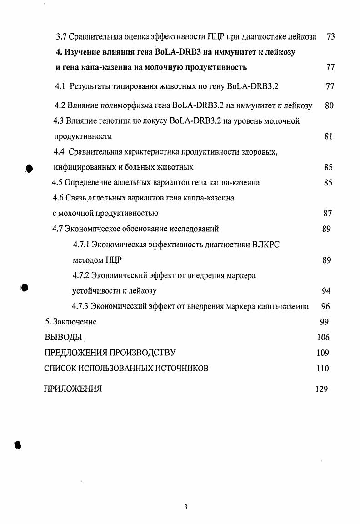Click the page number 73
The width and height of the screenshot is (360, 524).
331,37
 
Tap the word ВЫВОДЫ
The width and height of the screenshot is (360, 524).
63,338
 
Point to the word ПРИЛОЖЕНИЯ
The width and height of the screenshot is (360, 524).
73,389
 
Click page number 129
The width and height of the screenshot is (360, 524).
321,389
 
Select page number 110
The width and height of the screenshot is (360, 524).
323,369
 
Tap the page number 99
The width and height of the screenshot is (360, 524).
325,322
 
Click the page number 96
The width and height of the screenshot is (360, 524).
325,306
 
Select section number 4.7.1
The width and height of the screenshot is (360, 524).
81,245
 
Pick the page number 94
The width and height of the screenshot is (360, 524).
326,291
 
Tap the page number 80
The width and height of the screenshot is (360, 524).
330,106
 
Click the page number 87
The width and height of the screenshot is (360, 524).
327,214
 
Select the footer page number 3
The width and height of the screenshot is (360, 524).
185,507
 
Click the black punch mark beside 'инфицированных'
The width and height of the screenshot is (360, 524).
28,168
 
